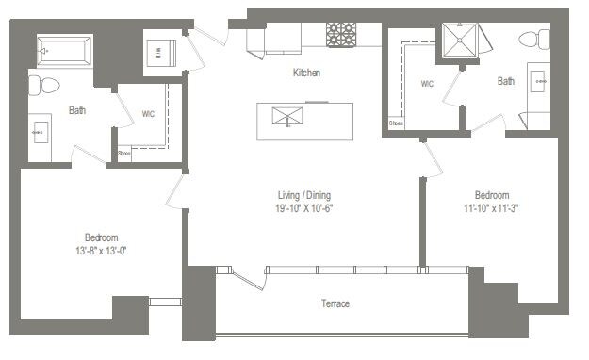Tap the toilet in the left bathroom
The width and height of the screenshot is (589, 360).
click(43, 86)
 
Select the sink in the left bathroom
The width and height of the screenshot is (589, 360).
click(39, 133)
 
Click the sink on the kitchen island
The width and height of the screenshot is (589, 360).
click(285, 116)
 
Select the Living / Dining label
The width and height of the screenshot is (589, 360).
click(304, 195)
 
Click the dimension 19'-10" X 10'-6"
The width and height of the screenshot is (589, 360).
click(304, 208)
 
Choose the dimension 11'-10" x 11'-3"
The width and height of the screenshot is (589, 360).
click(491, 208)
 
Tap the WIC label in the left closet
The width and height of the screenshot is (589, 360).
click(149, 115)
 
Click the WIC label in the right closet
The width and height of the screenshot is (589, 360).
click(426, 84)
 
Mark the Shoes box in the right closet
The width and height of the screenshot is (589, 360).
click(397, 123)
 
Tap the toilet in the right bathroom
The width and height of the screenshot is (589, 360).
click(540, 41)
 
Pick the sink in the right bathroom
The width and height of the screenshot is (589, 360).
click(540, 82)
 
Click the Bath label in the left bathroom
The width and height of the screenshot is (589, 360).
click(77, 110)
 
